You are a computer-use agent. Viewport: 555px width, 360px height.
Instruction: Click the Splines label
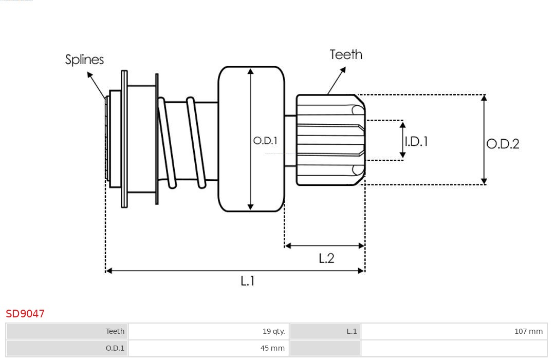(x=84, y=60)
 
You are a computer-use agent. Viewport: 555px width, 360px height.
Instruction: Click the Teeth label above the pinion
(x=346, y=54)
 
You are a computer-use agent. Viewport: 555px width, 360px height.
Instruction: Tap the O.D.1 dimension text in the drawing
(x=265, y=140)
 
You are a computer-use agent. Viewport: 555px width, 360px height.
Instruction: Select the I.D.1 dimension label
(x=416, y=141)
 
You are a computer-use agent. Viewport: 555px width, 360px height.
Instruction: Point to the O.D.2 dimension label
(x=503, y=144)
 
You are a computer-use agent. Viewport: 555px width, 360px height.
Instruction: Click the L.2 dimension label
(x=326, y=258)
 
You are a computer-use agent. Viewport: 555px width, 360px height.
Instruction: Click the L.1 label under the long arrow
(x=248, y=281)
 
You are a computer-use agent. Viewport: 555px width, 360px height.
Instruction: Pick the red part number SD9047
(x=25, y=314)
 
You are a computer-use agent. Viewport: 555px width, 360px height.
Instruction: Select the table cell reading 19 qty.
(x=209, y=331)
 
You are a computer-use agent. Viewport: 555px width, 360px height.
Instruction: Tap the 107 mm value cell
(x=454, y=331)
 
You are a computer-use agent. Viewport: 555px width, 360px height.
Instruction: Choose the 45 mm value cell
(x=209, y=348)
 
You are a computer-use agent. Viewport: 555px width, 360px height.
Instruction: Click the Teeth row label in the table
(x=67, y=331)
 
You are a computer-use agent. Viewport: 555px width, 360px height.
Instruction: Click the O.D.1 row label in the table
(x=67, y=348)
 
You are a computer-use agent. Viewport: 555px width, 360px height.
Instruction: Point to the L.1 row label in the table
(x=325, y=331)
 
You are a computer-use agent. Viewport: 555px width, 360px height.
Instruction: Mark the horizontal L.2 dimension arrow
(x=324, y=246)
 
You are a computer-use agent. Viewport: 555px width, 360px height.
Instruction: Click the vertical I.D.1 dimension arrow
(x=402, y=140)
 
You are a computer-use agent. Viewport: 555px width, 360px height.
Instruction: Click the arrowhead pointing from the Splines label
(x=89, y=75)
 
